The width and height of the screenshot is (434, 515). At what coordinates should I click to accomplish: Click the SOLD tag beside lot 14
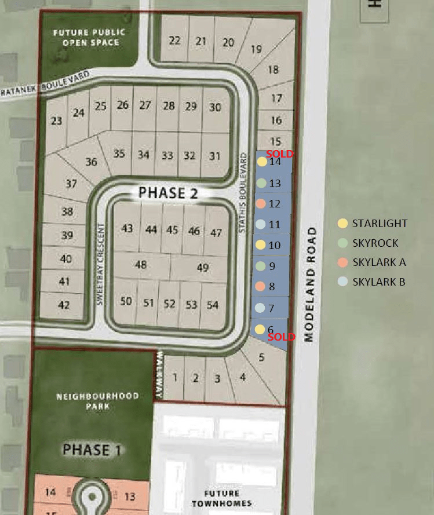(280, 154)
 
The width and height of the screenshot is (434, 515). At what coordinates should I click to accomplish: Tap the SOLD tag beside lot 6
(281, 337)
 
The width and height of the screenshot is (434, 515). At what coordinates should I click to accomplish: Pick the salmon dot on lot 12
(261, 204)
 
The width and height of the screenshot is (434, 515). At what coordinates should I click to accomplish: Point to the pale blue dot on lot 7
(260, 308)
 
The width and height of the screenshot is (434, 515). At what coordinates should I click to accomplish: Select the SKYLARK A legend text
(379, 262)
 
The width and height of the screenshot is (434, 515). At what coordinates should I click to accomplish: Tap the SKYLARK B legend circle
(343, 282)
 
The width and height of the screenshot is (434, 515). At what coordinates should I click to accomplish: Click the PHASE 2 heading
(168, 193)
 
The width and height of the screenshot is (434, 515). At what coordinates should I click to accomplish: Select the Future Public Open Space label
(89, 38)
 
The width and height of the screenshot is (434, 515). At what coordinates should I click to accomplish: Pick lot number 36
(91, 162)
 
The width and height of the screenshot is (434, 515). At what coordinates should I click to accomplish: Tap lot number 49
(202, 267)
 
